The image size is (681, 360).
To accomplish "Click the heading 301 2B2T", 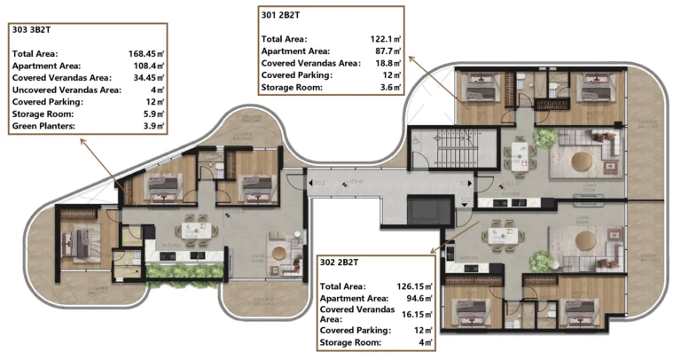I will (280, 14).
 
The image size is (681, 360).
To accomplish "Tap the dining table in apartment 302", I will (504, 236).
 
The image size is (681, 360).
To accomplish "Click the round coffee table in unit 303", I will (281, 254).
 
